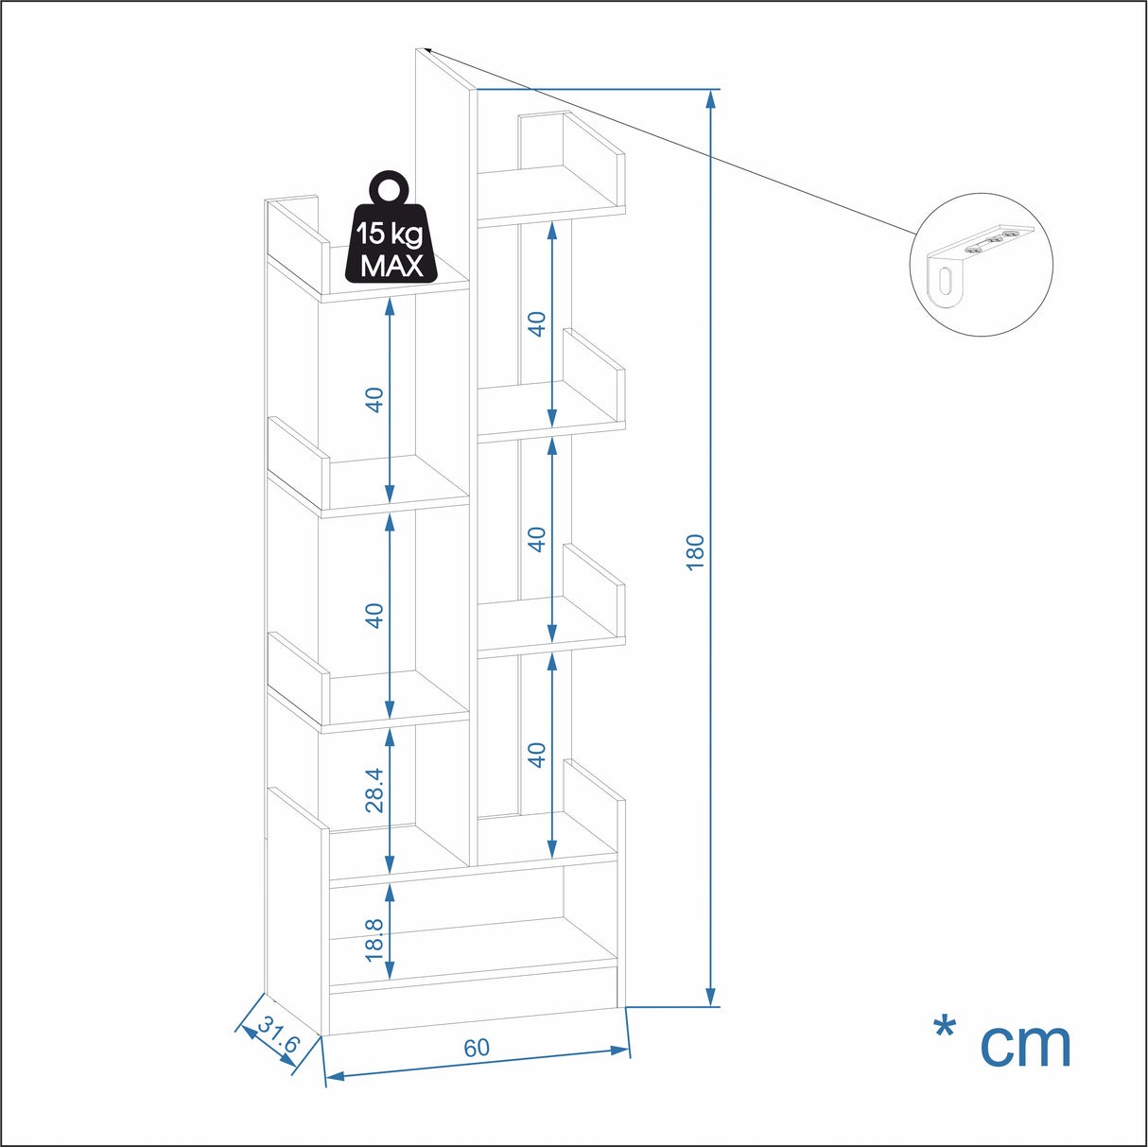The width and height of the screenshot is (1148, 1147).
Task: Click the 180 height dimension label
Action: point(695,552)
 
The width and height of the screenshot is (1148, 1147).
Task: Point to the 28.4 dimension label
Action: point(374,791)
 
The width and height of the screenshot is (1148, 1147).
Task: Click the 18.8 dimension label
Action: point(374,940)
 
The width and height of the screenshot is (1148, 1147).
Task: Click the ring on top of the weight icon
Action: point(391,187)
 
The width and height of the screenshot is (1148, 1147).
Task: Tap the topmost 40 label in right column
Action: point(537,324)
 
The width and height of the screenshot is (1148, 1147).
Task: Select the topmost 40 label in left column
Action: point(374,400)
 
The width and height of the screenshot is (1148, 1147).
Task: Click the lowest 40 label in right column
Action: point(537,755)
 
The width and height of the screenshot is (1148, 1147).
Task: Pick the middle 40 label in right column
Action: point(537,539)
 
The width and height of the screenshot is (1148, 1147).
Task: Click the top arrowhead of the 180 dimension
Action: point(710,99)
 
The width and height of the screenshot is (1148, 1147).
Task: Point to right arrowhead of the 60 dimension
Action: point(619,1051)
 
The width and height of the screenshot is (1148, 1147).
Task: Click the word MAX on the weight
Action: point(391,266)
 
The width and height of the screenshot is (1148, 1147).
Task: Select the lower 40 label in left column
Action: point(374,616)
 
